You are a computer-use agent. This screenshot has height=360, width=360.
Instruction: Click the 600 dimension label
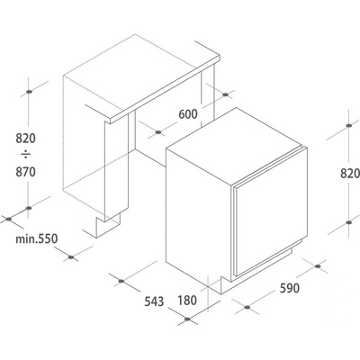pyautogui.click(x=188, y=114)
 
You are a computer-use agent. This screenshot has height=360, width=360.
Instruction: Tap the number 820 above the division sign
pyautogui.click(x=25, y=139)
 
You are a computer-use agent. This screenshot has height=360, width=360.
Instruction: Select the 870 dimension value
pyautogui.click(x=25, y=172)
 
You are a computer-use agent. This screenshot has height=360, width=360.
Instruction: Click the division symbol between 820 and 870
pyautogui.click(x=26, y=155)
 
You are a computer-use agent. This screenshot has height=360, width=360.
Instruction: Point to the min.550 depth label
pyautogui.click(x=36, y=239)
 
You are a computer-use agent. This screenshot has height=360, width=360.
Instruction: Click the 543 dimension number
pyautogui.click(x=154, y=301)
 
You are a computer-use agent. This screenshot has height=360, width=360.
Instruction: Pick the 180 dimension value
pyautogui.click(x=187, y=301)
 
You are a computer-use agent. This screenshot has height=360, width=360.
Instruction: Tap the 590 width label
pyautogui.click(x=290, y=288)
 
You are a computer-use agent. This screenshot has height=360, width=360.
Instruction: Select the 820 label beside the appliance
pyautogui.click(x=350, y=174)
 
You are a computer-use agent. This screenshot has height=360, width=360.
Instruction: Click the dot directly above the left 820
pyautogui.click(x=29, y=92)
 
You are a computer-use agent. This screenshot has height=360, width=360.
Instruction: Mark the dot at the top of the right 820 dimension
pyautogui.click(x=348, y=125)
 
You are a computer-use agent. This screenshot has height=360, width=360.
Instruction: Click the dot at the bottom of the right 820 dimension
pyautogui.click(x=348, y=222)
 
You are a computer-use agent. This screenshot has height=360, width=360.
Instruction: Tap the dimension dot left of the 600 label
pyautogui.click(x=158, y=132)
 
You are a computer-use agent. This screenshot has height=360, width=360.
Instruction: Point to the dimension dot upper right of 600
pyautogui.click(x=226, y=94)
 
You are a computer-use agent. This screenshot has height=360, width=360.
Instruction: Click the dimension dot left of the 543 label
pyautogui.click(x=121, y=281)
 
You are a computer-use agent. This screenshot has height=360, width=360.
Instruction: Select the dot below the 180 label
pyautogui.click(x=187, y=319)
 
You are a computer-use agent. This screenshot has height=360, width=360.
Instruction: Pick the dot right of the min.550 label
pyautogui.click(x=71, y=257)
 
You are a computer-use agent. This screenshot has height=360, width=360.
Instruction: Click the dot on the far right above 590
pyautogui.click(x=318, y=266)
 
